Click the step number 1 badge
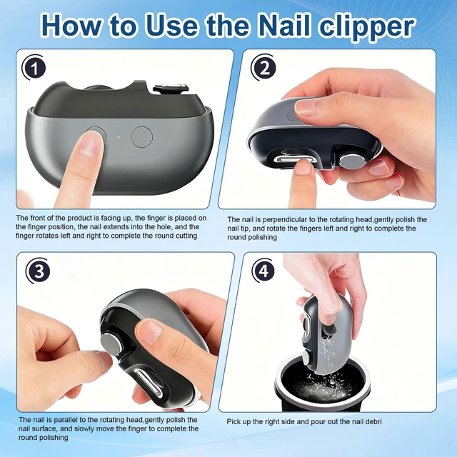[x=34, y=68]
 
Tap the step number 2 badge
[x=264, y=68]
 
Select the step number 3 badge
[x=38, y=271]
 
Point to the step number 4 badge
[x=264, y=271]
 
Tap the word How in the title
[x=73, y=26]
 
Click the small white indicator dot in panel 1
[x=119, y=137]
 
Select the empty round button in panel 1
[x=141, y=137]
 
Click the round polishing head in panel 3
[x=111, y=343]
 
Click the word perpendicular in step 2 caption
[x=281, y=219]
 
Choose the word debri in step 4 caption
[x=373, y=422]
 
